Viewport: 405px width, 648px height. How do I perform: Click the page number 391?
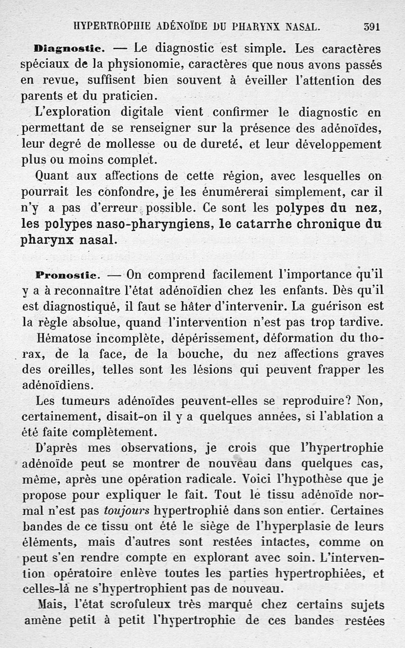coord(372,26)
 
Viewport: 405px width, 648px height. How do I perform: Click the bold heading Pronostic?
coord(69,276)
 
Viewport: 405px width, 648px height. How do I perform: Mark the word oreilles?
coord(71,370)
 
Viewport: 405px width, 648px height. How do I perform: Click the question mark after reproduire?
coord(348,400)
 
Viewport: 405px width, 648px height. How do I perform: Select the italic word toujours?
coord(126,510)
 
